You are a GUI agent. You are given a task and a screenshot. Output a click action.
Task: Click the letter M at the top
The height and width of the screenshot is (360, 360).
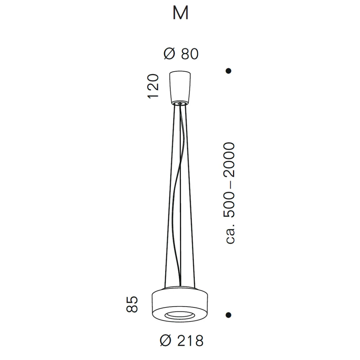(x=181, y=13)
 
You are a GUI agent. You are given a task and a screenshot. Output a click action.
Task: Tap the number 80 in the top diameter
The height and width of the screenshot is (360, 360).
(x=190, y=54)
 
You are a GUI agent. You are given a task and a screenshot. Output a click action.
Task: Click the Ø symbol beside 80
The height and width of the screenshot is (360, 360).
(x=169, y=54)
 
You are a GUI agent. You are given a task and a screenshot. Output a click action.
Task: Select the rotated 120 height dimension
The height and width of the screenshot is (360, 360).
(x=153, y=86)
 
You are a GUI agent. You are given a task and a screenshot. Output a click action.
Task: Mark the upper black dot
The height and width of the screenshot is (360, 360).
(x=229, y=71)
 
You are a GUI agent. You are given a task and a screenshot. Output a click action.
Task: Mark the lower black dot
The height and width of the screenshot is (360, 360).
(x=229, y=315)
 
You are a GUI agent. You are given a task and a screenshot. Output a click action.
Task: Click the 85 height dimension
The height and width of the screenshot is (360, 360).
(x=132, y=304)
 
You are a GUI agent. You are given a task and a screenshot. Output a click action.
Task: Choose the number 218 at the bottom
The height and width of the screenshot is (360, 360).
(x=191, y=341)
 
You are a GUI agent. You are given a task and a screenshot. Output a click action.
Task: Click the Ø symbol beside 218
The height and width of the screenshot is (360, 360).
(x=166, y=341)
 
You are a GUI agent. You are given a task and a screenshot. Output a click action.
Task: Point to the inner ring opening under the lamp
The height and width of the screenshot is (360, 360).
(x=180, y=315)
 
